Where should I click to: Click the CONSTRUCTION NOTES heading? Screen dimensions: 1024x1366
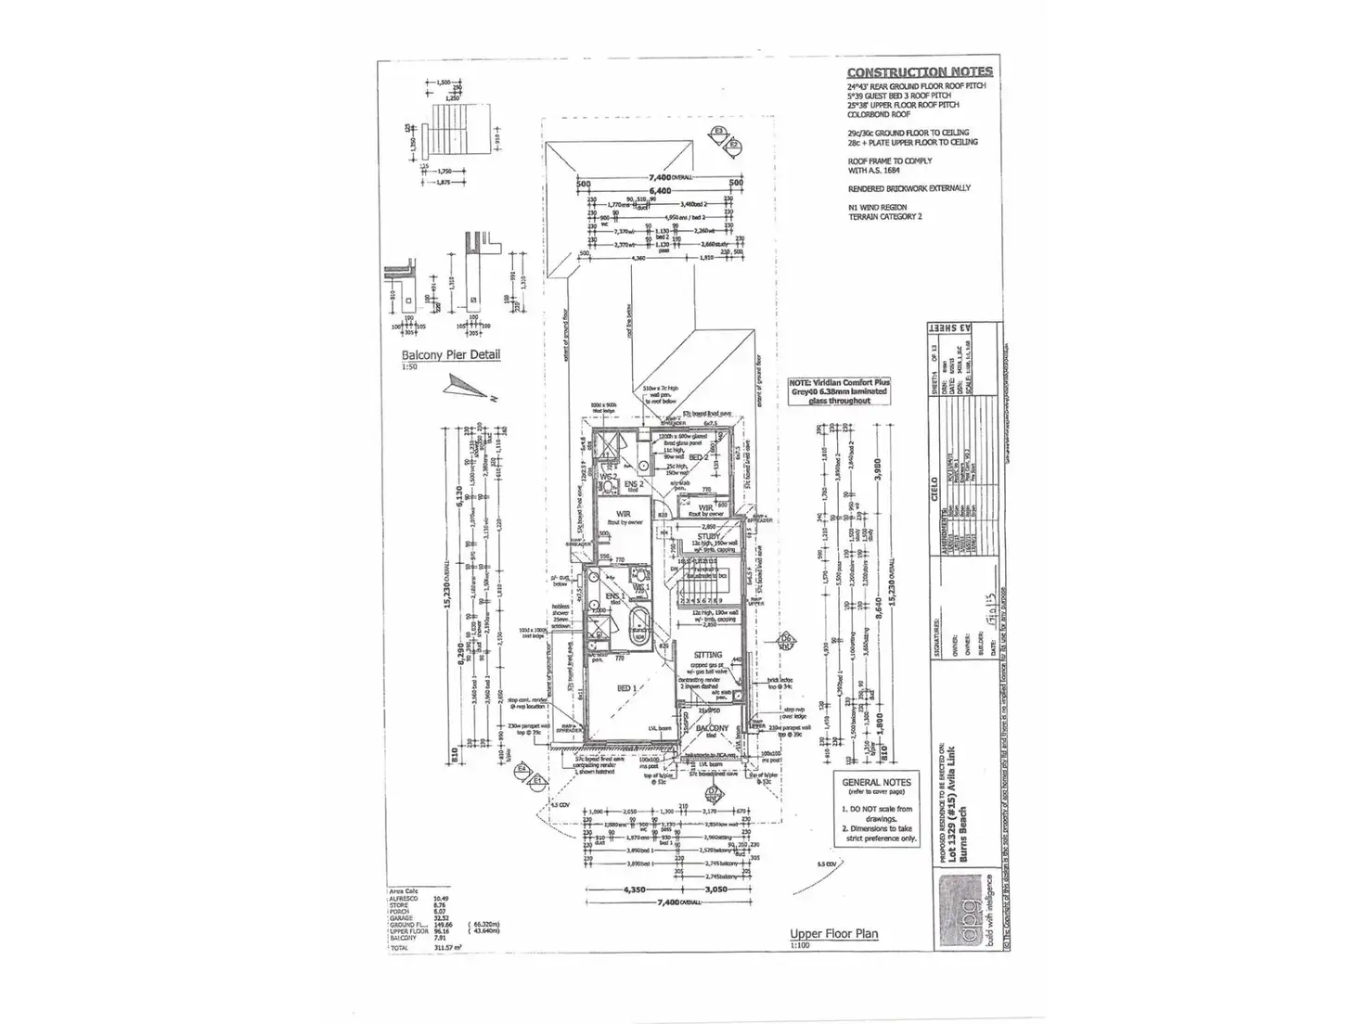919,72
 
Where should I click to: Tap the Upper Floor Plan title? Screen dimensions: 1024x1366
833,934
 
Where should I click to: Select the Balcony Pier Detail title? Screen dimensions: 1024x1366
450,354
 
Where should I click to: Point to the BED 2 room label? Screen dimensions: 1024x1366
699,457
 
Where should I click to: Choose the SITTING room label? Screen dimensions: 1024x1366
707,655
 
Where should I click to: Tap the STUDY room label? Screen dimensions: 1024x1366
709,535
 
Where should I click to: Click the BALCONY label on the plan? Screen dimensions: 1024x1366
713,729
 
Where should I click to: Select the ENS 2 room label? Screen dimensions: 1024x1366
633,484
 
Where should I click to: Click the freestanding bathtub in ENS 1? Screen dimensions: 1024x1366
639,627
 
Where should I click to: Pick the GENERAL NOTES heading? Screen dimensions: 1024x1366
876,782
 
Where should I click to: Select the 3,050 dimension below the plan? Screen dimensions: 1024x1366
715,890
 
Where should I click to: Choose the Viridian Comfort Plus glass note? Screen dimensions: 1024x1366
839,391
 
